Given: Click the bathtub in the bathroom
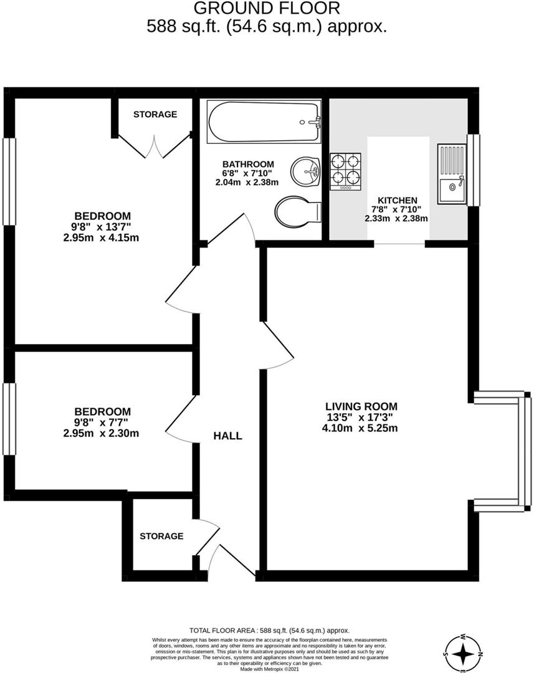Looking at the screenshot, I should tap(265, 122).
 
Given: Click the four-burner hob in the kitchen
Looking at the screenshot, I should tap(346, 171).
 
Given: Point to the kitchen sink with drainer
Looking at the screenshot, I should tap(452, 174).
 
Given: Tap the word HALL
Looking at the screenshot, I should tap(227, 436).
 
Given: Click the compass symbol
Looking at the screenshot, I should tap(464, 654).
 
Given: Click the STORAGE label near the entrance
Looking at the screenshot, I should tap(161, 536).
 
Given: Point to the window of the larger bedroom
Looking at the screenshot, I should tap(9, 181).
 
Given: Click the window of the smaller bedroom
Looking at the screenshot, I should tap(9, 419).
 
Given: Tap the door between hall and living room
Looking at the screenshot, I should tap(277, 346).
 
